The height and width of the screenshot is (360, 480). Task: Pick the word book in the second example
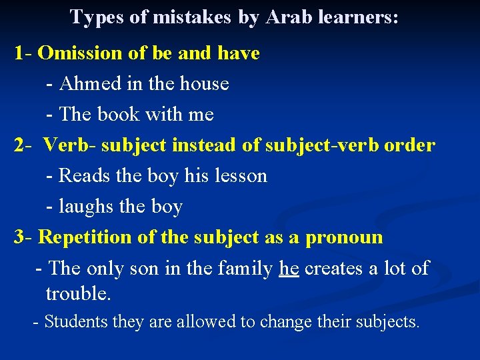pyautogui.click(x=118, y=115)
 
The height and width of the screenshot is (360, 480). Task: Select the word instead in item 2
pyautogui.click(x=203, y=145)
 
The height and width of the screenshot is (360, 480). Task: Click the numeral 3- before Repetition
pyautogui.click(x=23, y=237)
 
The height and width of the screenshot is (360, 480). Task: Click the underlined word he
pyautogui.click(x=289, y=269)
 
